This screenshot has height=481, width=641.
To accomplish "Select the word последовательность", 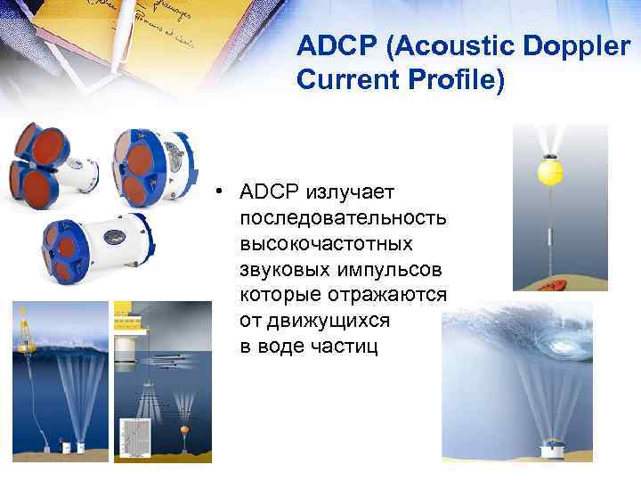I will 343,218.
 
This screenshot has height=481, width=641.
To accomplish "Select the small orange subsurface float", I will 183,431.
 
